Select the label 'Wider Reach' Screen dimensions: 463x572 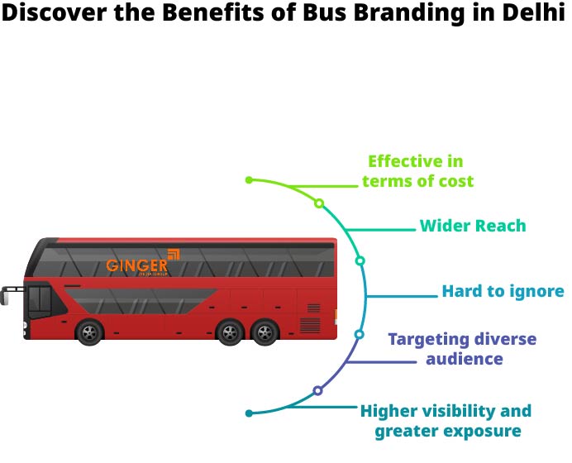pos(473,226)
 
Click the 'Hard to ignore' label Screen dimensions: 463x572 pos(503,291)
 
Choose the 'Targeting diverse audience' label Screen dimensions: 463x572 pos(463,349)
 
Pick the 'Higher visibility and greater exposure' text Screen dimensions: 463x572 pos(446,421)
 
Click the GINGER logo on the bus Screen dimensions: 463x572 pos(137,266)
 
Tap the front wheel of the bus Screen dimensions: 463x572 pos(89,333)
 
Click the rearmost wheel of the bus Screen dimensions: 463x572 pos(265,333)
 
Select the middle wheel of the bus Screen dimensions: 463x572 pos(229,333)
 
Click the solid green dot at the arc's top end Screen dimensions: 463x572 pos(249,179)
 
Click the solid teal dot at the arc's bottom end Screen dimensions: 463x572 pos(249,412)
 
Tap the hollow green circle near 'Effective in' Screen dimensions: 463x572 pos(319,203)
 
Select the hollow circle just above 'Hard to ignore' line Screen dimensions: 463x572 pos(360,260)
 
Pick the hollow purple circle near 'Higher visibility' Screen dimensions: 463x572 pos(317,390)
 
